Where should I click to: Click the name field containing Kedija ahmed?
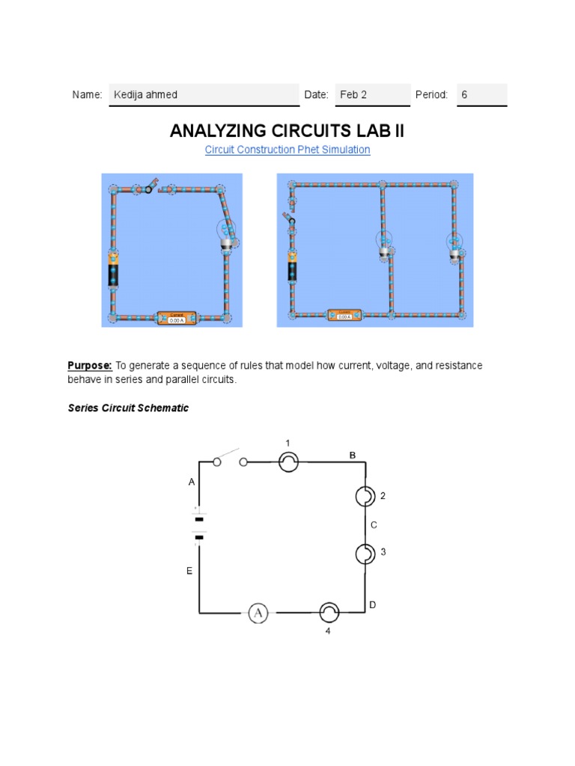[x=204, y=95]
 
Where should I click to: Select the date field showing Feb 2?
[x=372, y=95]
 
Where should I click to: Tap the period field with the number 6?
[x=481, y=95]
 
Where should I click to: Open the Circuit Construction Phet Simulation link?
[x=287, y=150]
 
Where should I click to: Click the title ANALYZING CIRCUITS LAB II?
[x=287, y=131]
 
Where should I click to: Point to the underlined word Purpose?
[x=90, y=365]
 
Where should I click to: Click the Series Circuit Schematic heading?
[x=128, y=408]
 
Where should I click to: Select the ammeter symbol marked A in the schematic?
[x=258, y=613]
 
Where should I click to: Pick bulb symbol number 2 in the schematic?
[x=365, y=496]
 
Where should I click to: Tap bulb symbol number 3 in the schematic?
[x=365, y=554]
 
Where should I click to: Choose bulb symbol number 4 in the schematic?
[x=329, y=613]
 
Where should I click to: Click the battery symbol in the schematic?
[x=199, y=527]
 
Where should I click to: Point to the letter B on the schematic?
[x=353, y=455]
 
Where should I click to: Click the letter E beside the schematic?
[x=189, y=571]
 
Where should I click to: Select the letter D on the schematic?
[x=372, y=604]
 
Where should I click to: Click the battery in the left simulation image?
[x=114, y=274]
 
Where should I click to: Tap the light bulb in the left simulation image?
[x=227, y=234]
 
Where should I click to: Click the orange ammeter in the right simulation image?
[x=344, y=314]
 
